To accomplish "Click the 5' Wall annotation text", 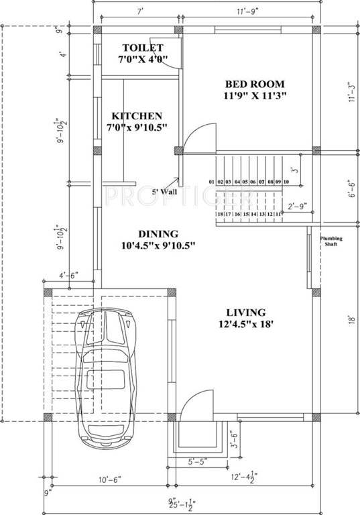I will pos(164,192).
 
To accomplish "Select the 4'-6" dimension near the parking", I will pos(69,275).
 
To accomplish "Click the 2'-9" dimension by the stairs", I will pos(296,207).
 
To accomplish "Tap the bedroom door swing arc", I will pos(197,137).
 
